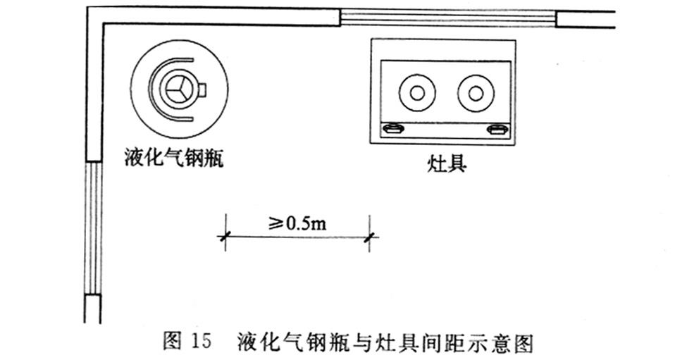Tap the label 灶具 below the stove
click(447, 164)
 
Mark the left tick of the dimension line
click(225, 240)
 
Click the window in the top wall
click(448, 18)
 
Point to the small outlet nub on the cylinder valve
click(203, 89)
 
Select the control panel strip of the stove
click(445, 129)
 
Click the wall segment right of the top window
click(585, 18)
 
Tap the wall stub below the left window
click(93, 309)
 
